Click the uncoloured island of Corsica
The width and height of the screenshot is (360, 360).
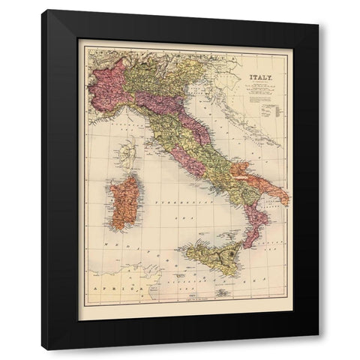coord(130,157)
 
